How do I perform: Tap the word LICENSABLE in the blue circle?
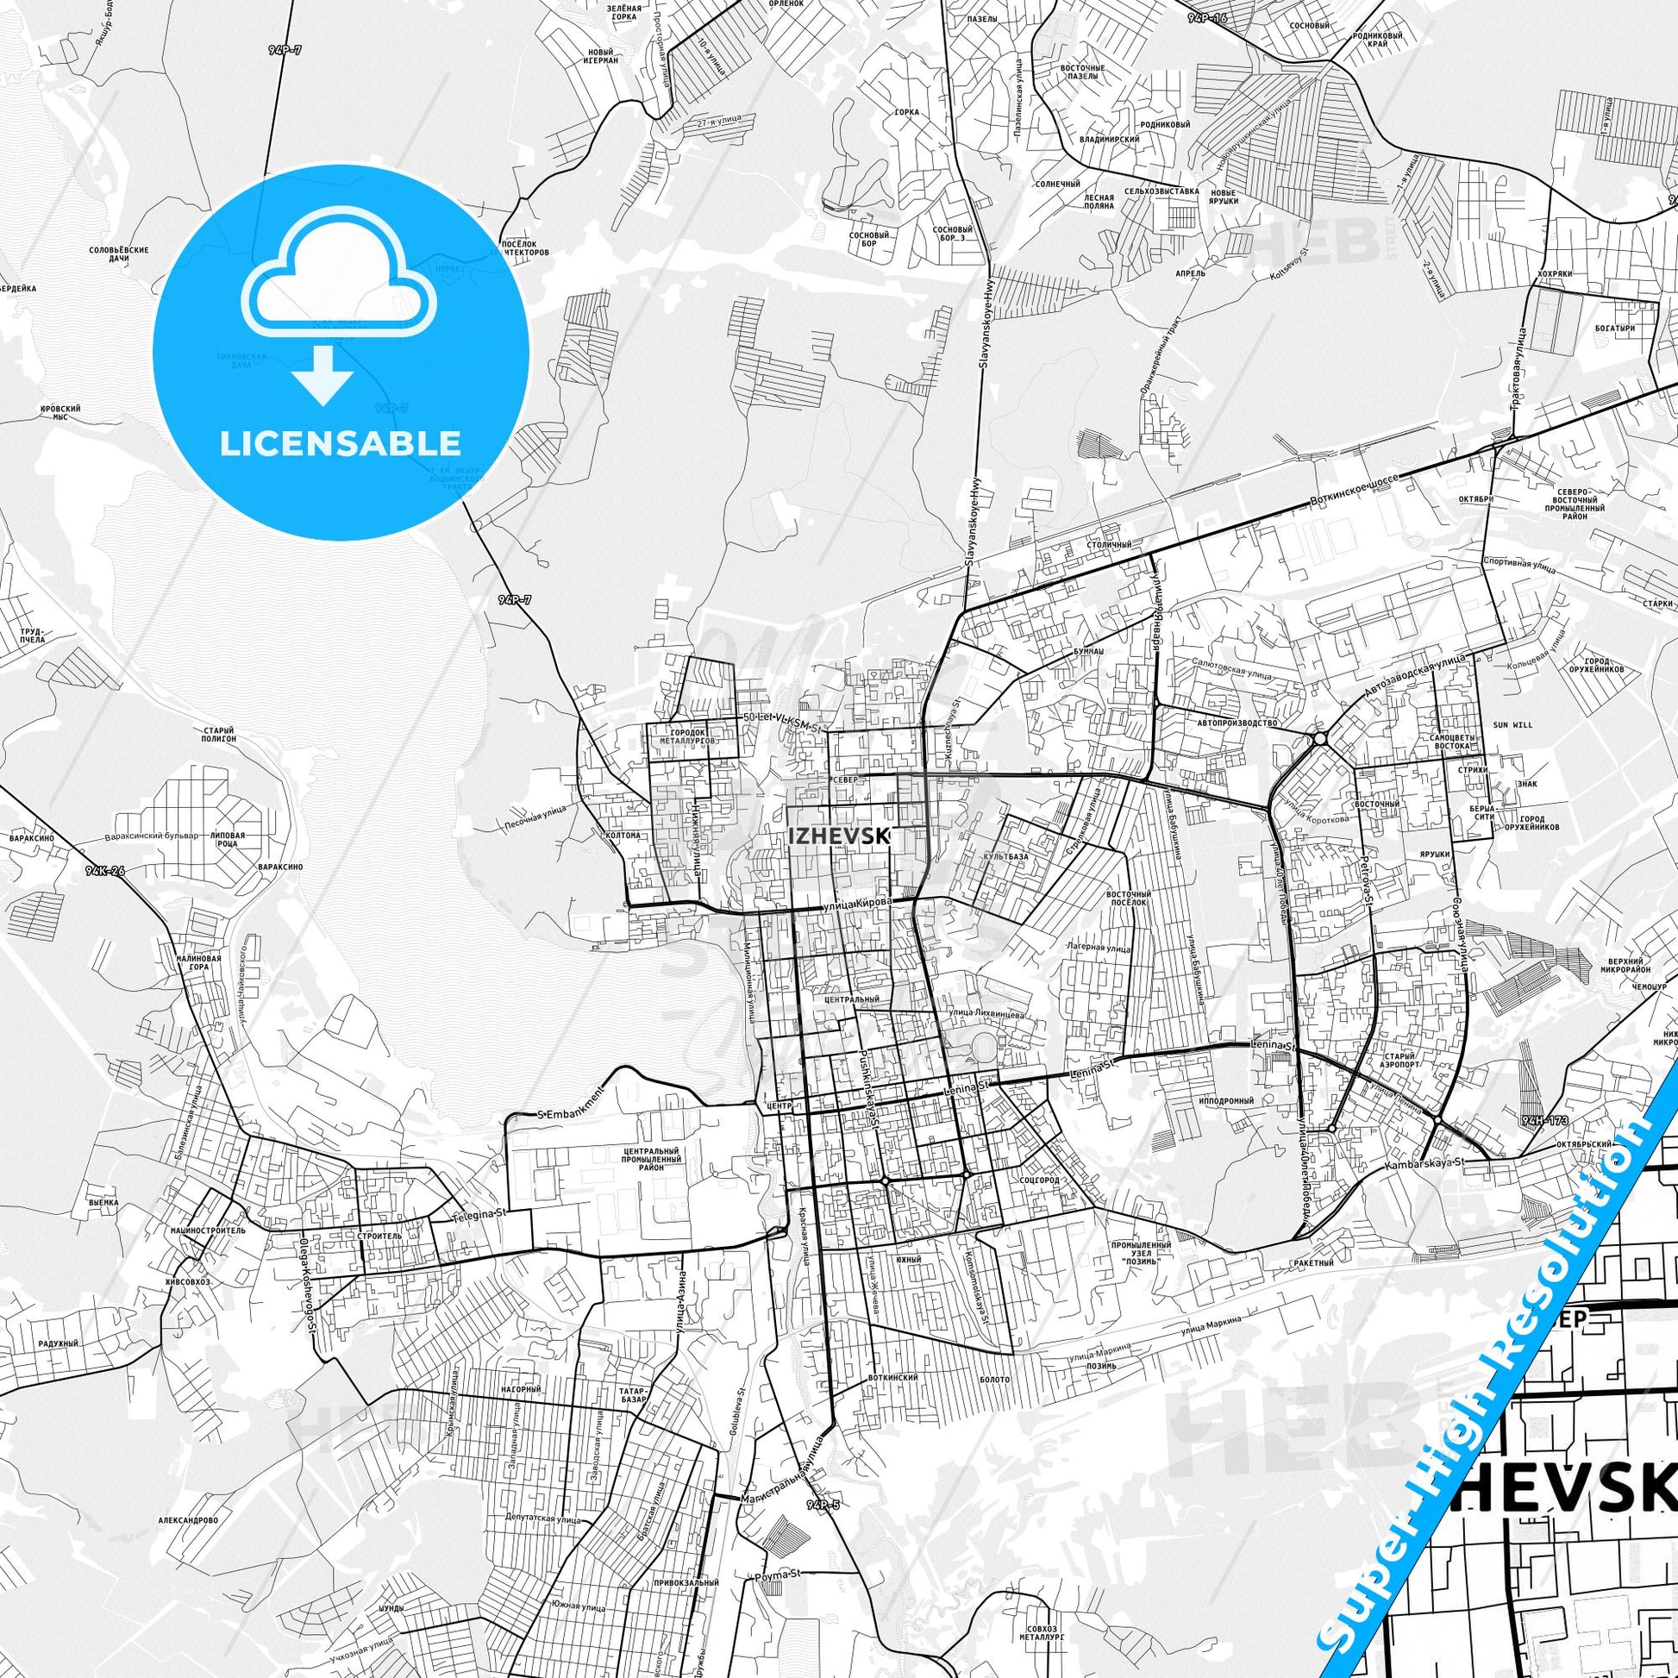(x=340, y=443)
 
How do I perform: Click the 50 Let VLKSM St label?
(x=783, y=718)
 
